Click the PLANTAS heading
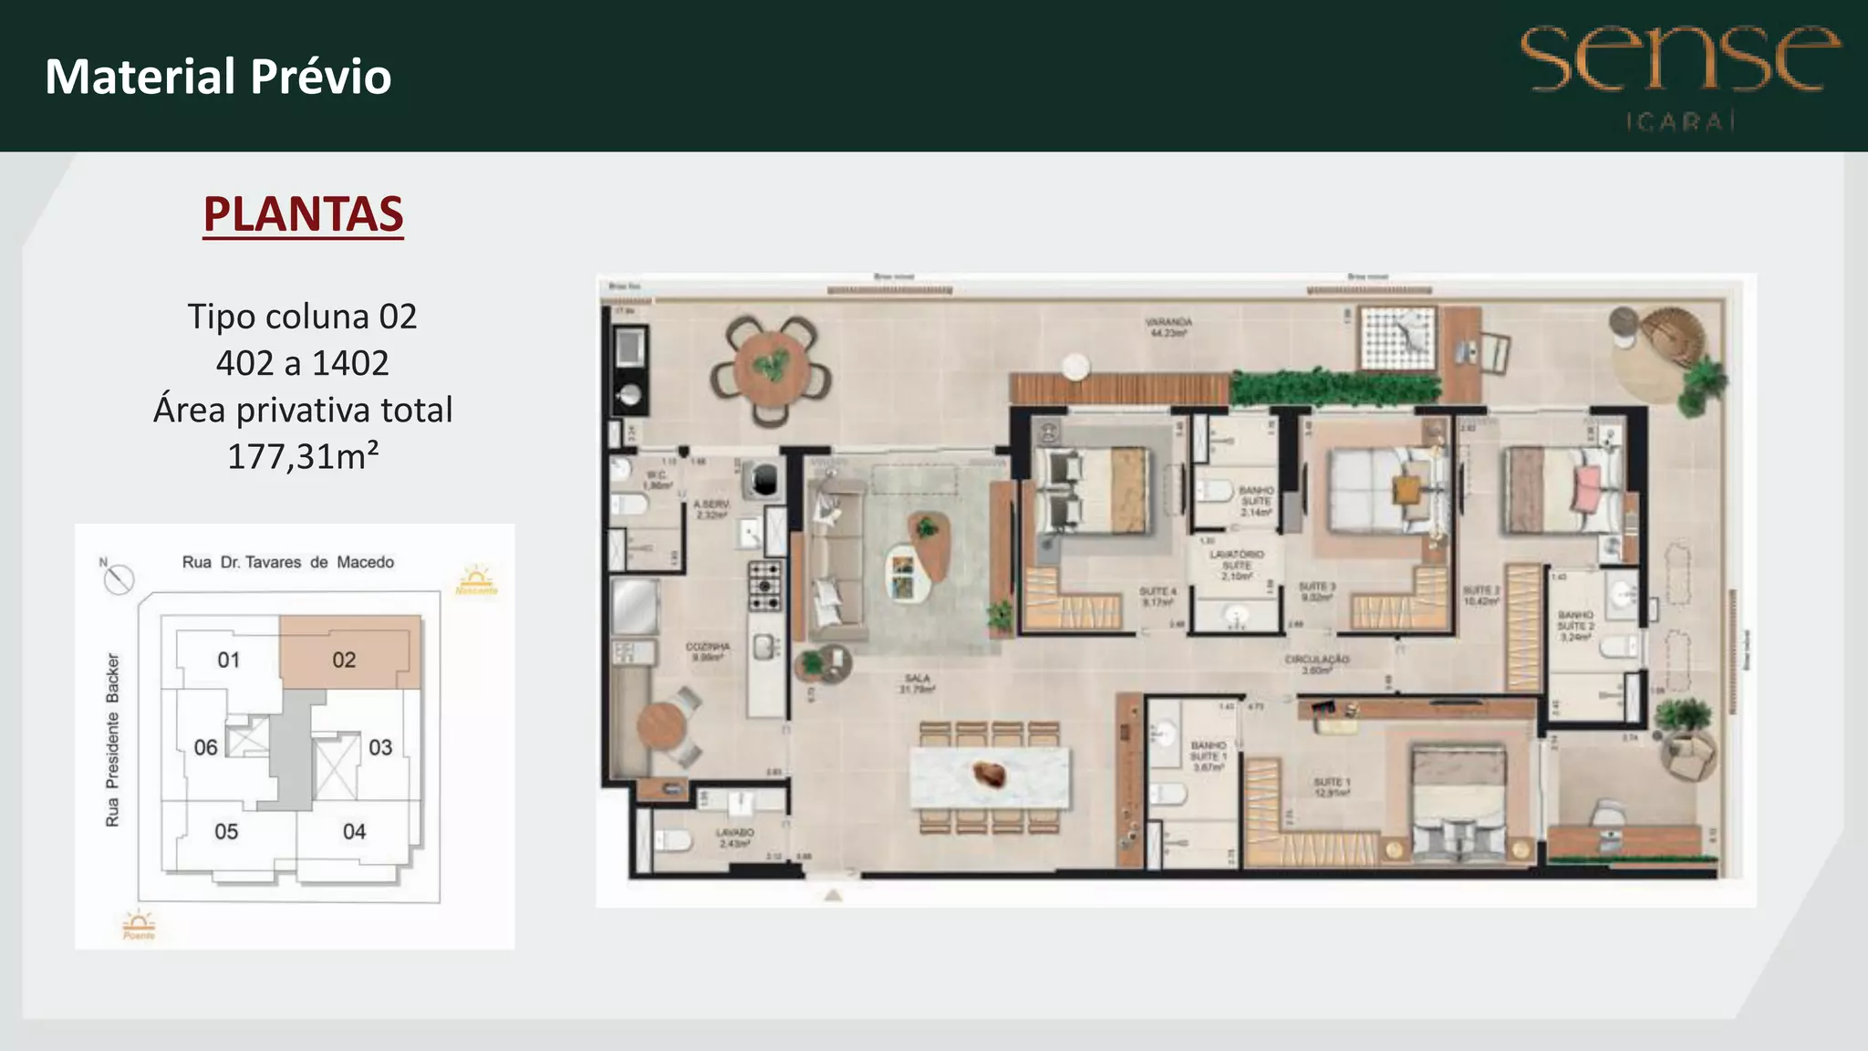303,214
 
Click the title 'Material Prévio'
218,77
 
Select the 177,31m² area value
303,456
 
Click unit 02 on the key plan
344,660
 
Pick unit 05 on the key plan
226,831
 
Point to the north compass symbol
119,578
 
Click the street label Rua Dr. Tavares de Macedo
288,562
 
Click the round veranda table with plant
771,369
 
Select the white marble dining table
990,777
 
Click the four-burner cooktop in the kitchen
764,585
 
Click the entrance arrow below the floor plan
833,896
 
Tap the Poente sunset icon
139,923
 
